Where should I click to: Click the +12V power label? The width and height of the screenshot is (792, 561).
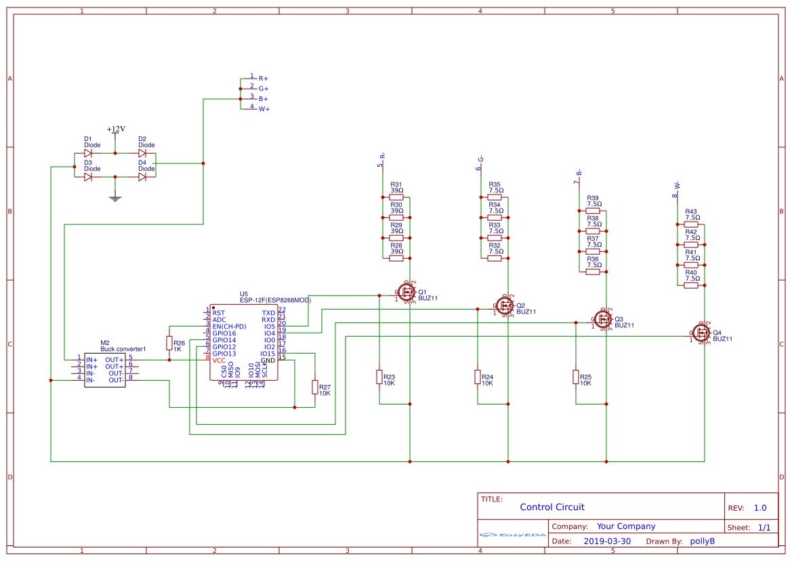click(116, 129)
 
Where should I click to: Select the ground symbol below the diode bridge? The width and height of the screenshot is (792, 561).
click(115, 198)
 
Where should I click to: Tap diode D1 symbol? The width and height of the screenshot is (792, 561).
click(88, 153)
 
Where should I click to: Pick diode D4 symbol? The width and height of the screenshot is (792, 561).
click(142, 177)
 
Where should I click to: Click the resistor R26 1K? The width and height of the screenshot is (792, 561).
click(169, 344)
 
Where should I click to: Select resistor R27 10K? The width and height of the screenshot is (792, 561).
click(314, 387)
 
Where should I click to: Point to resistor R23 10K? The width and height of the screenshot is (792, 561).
click(379, 377)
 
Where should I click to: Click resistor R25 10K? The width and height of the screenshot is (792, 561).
click(576, 377)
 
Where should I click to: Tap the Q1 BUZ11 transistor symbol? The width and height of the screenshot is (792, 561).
click(407, 292)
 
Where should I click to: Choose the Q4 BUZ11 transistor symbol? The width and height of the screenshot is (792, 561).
click(701, 333)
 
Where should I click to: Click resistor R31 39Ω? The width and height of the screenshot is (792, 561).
click(396, 197)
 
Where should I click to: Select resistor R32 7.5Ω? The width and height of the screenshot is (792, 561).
click(495, 258)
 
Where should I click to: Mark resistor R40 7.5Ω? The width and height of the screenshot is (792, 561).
click(691, 285)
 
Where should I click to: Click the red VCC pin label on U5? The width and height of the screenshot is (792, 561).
click(219, 360)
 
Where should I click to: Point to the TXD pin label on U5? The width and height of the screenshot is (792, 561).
click(268, 313)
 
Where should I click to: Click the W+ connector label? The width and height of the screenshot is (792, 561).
click(264, 109)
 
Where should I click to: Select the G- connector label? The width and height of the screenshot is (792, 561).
click(481, 159)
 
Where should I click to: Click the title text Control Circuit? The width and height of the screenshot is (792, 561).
click(551, 507)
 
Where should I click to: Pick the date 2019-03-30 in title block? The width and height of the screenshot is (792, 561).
click(606, 541)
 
